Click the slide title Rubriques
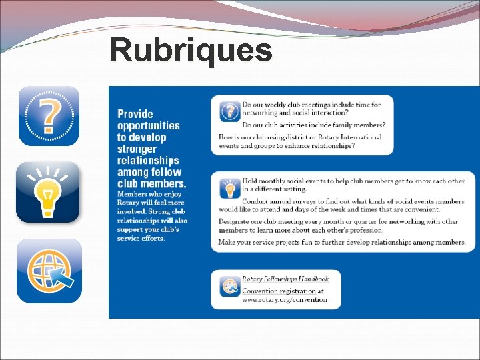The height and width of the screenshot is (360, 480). point(191,50)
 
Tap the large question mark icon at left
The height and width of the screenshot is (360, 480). point(48,116)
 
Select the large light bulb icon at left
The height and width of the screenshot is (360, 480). point(48,192)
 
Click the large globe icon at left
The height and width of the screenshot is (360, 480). point(49,271)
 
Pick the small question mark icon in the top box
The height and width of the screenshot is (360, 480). point(230,111)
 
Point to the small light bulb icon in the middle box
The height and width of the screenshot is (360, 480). point(230,189)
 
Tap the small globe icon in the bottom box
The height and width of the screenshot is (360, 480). point(229,287)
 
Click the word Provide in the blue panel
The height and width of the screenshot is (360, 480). point(135,114)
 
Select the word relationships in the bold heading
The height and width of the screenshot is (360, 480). point(148,160)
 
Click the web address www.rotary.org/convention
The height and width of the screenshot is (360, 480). point(285,300)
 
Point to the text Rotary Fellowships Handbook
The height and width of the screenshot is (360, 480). point(285,279)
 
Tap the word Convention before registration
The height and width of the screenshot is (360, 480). point(260,291)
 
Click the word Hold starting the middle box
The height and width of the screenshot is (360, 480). point(249,181)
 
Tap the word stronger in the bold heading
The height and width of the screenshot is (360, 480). point(137,149)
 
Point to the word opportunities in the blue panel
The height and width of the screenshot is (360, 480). point(149,125)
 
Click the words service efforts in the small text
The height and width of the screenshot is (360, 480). point(139,238)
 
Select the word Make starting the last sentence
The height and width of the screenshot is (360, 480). point(229,242)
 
